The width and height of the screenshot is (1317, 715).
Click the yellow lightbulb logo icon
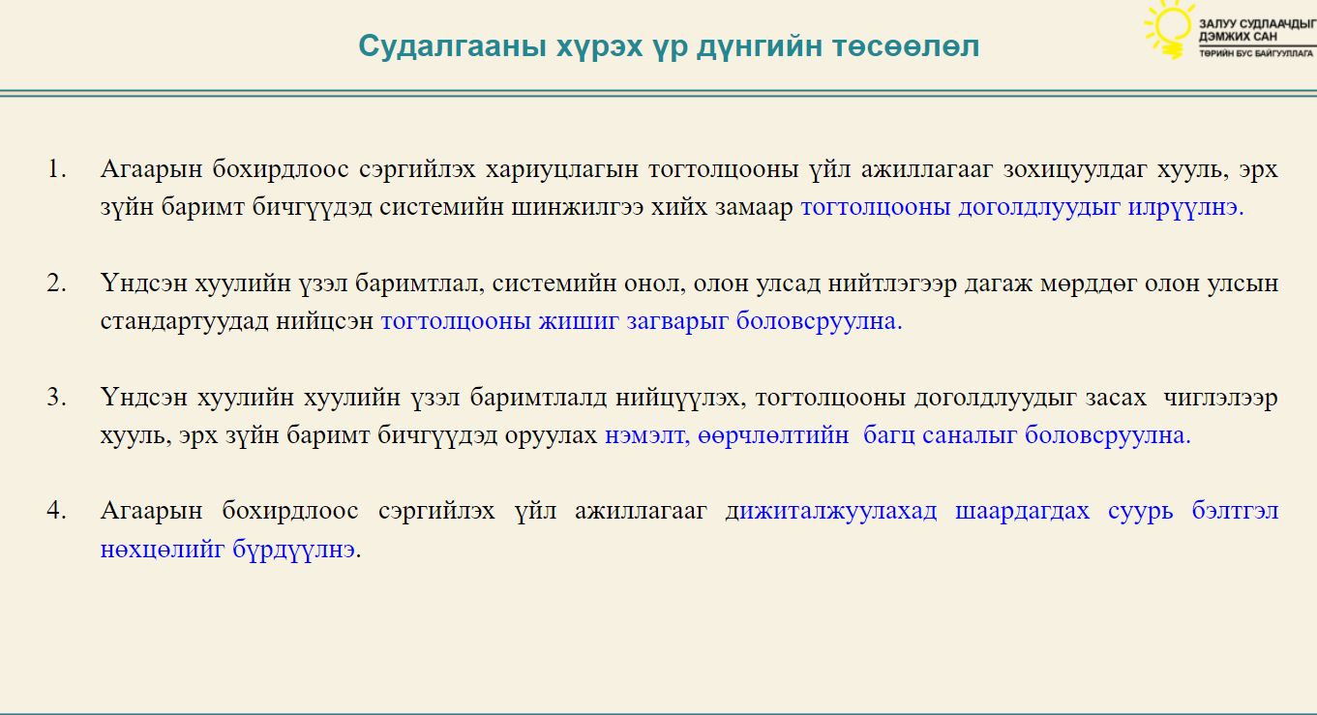[x=1168, y=29]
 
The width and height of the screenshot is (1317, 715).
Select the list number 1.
[x=56, y=169]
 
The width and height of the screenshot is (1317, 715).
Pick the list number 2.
[x=56, y=283]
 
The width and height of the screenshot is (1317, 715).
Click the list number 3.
[x=56, y=398]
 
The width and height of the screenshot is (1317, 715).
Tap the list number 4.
[x=56, y=511]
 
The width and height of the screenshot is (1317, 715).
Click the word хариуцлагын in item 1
[x=562, y=170]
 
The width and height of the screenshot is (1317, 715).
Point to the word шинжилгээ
[x=578, y=208]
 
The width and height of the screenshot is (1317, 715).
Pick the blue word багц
[x=889, y=436]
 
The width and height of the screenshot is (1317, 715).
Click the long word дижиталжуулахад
[x=831, y=512]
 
